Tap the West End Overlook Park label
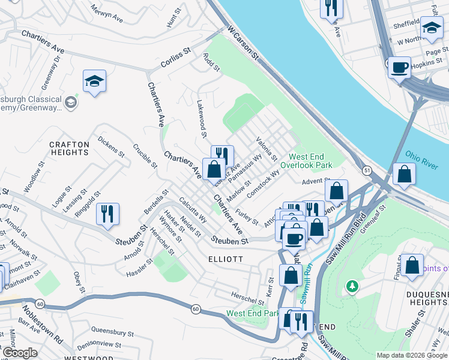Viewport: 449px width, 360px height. pyautogui.click(x=306, y=160)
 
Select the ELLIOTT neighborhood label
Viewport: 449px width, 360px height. pyautogui.click(x=225, y=259)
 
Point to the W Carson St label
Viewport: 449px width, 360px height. pyautogui.click(x=243, y=43)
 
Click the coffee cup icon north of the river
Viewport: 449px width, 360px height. pyautogui.click(x=399, y=67)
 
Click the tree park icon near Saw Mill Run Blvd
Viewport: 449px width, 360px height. pyautogui.click(x=353, y=287)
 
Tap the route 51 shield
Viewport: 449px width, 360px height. pyautogui.click(x=367, y=171)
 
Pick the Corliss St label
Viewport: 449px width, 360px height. pyautogui.click(x=175, y=58)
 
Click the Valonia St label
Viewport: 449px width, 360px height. pyautogui.click(x=267, y=149)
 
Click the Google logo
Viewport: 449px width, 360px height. pyautogui.click(x=20, y=353)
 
